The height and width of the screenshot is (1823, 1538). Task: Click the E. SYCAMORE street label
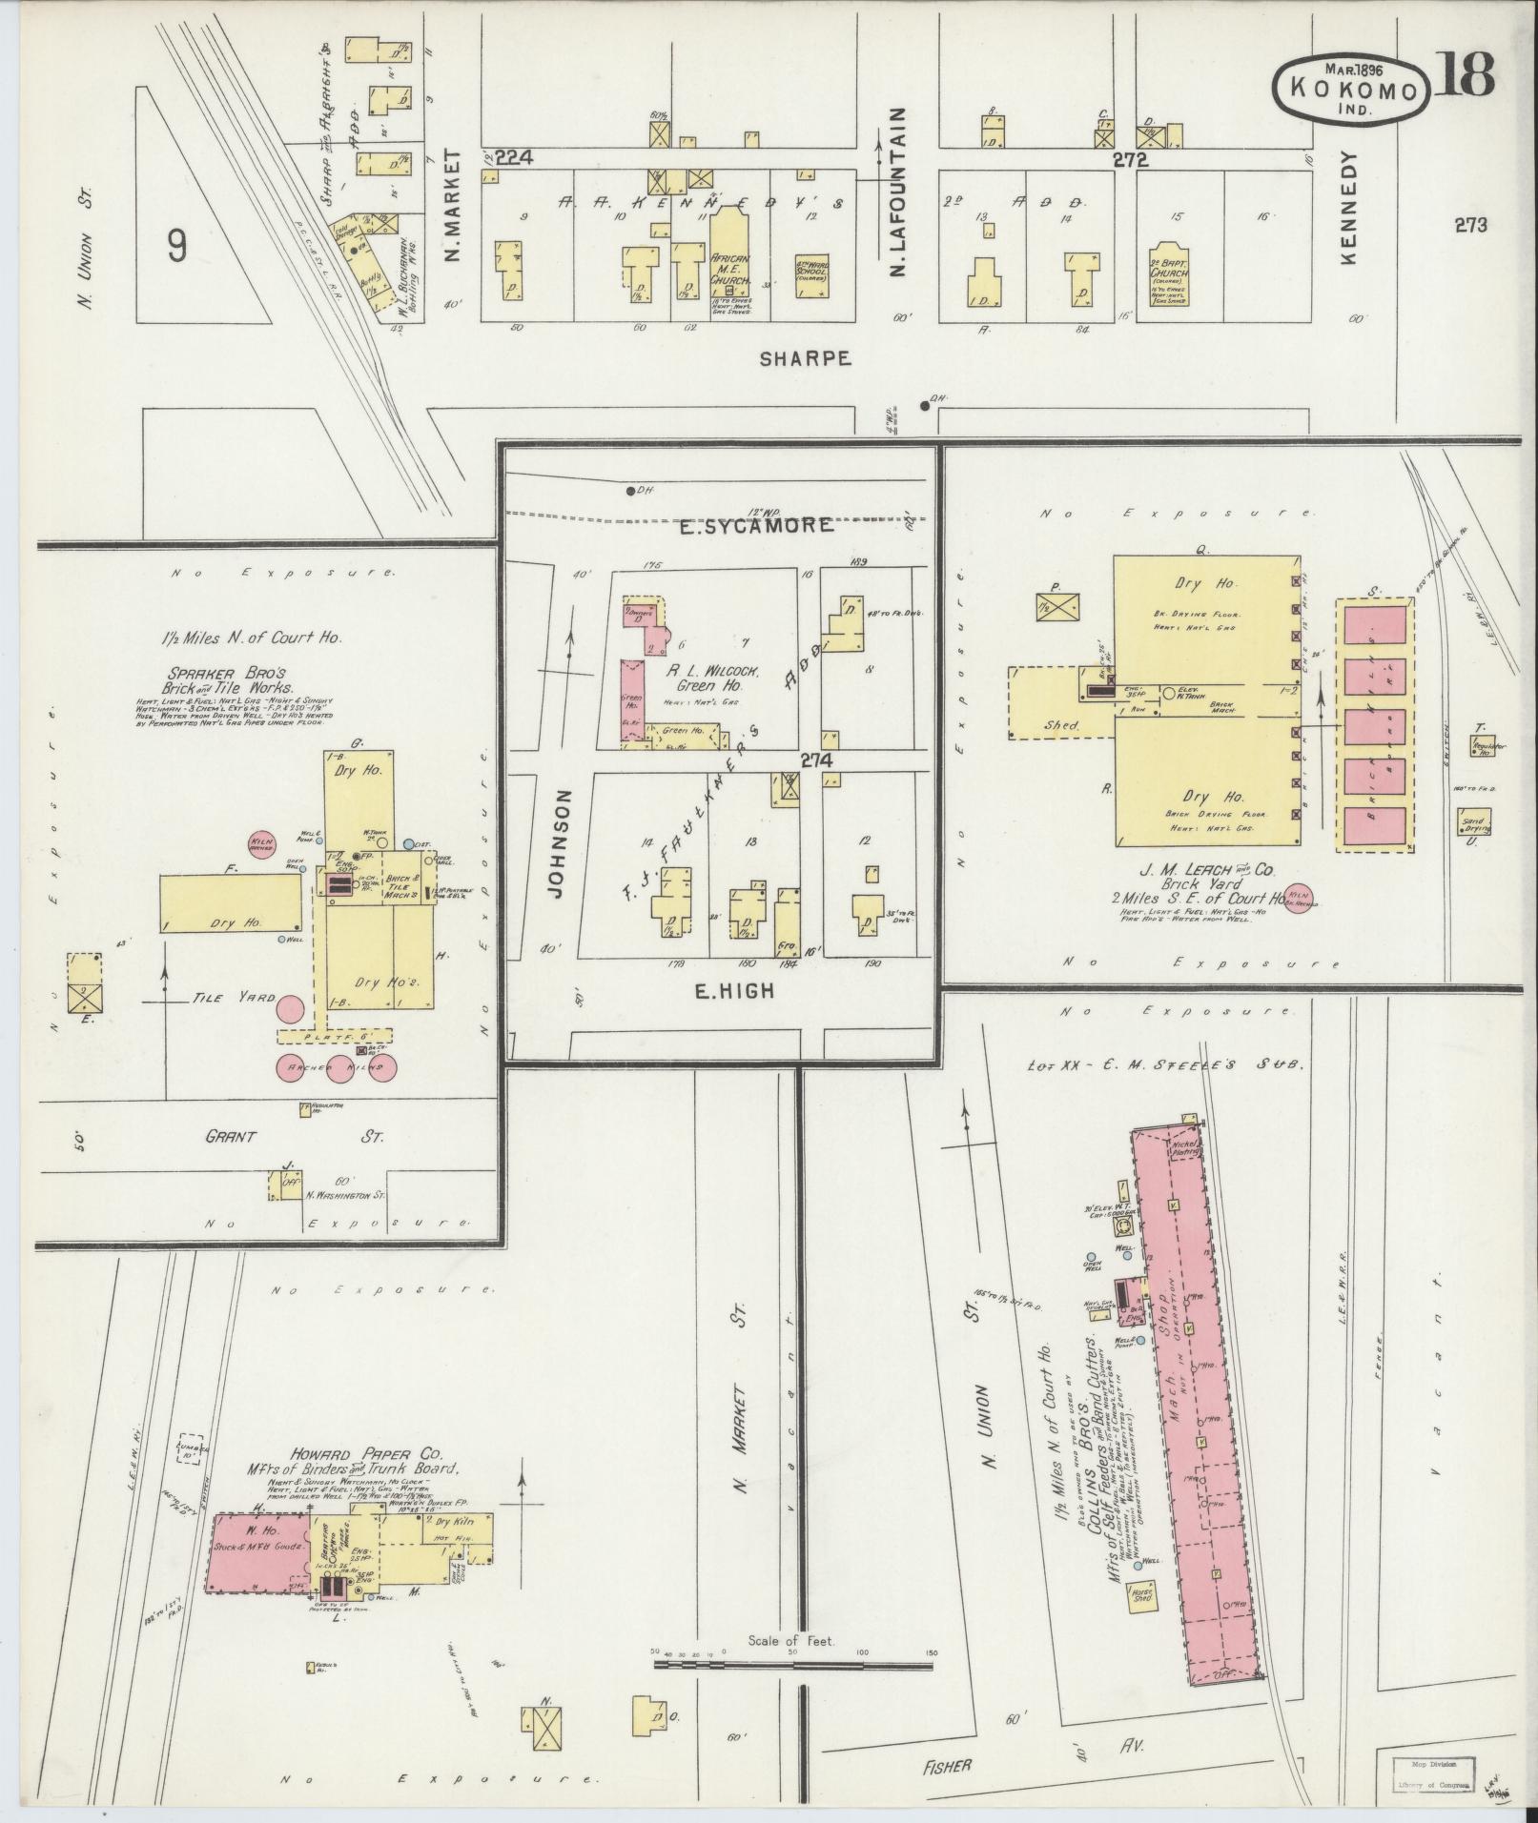pyautogui.click(x=756, y=526)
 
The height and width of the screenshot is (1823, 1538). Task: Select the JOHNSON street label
pyautogui.click(x=560, y=843)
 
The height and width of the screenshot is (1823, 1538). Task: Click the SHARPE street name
pyautogui.click(x=804, y=358)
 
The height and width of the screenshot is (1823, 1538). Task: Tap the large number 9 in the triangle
pyautogui.click(x=176, y=248)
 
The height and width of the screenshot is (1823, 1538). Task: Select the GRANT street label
pyautogui.click(x=233, y=1137)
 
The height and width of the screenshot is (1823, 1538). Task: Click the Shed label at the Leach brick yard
pyautogui.click(x=1061, y=725)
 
